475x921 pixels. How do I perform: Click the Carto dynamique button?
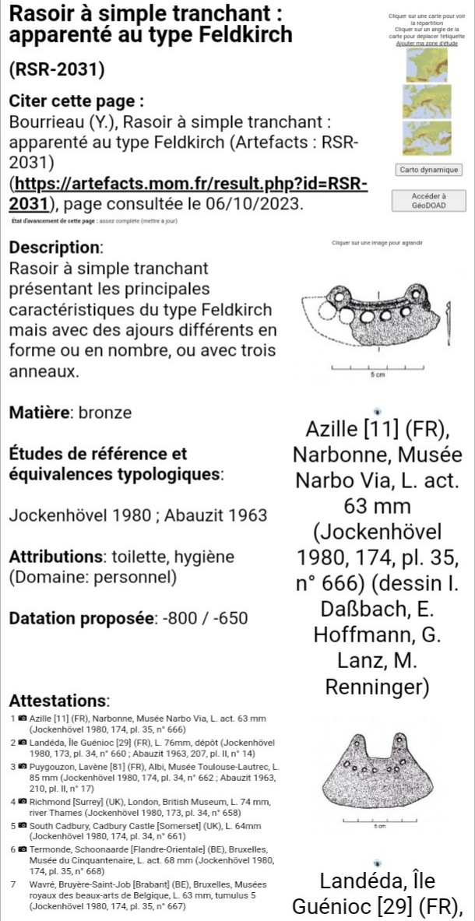428,170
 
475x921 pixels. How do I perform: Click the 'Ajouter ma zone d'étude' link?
427,44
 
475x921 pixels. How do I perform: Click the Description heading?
55,249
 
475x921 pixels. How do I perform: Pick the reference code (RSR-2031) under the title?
56,69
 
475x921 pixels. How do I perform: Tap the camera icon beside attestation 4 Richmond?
23,801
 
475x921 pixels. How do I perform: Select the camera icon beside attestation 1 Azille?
23,717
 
